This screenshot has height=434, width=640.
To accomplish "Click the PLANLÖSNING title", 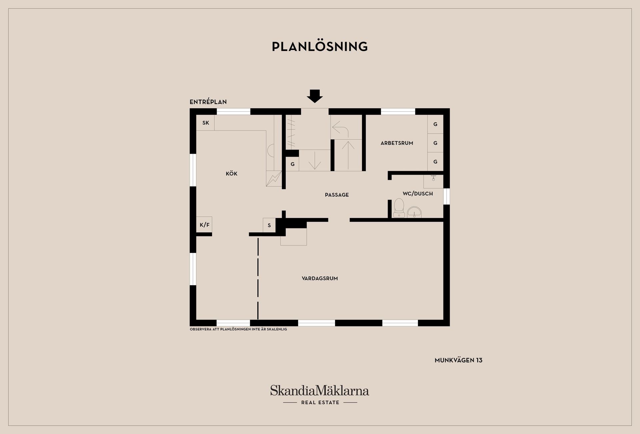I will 320,47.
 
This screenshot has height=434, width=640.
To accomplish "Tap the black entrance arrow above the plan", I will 315,96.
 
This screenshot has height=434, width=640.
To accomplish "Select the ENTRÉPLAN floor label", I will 208,102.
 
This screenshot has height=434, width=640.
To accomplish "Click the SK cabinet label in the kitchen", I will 205,123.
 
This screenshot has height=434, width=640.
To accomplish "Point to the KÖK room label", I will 231,174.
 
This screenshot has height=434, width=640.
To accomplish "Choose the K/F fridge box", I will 204,225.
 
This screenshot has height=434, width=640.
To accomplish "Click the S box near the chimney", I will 269,225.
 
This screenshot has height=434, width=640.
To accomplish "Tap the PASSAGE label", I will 337,195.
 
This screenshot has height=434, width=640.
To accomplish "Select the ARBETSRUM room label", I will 397,143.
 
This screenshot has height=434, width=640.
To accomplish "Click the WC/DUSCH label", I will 418,194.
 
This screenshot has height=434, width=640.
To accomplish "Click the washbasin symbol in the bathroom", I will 414,212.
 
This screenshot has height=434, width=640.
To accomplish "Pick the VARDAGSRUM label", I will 320,278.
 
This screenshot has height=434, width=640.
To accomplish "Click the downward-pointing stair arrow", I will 314,161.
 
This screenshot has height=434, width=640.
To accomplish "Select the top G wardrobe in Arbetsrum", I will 435,124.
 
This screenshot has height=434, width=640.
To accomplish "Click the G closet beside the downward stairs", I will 292,164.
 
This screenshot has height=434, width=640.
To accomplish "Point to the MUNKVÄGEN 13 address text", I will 458,360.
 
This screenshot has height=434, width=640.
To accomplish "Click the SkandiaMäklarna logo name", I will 320,391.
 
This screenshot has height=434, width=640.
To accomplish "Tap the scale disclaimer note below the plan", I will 238,329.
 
